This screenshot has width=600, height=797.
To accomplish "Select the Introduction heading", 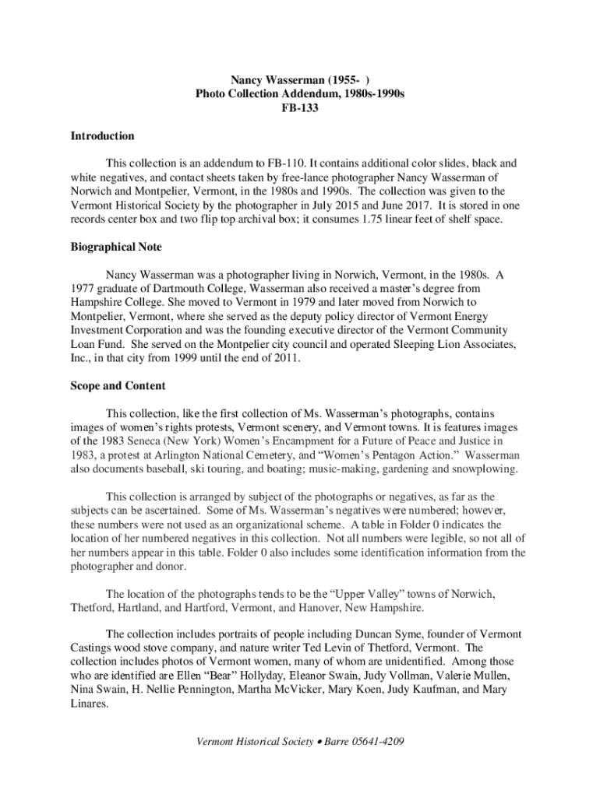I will pos(102,136).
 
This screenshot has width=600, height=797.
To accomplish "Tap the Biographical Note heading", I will pos(116,247).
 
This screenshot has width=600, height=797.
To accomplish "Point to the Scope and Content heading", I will pos(118,386).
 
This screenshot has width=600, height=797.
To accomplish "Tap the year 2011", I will pos(285,358).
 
